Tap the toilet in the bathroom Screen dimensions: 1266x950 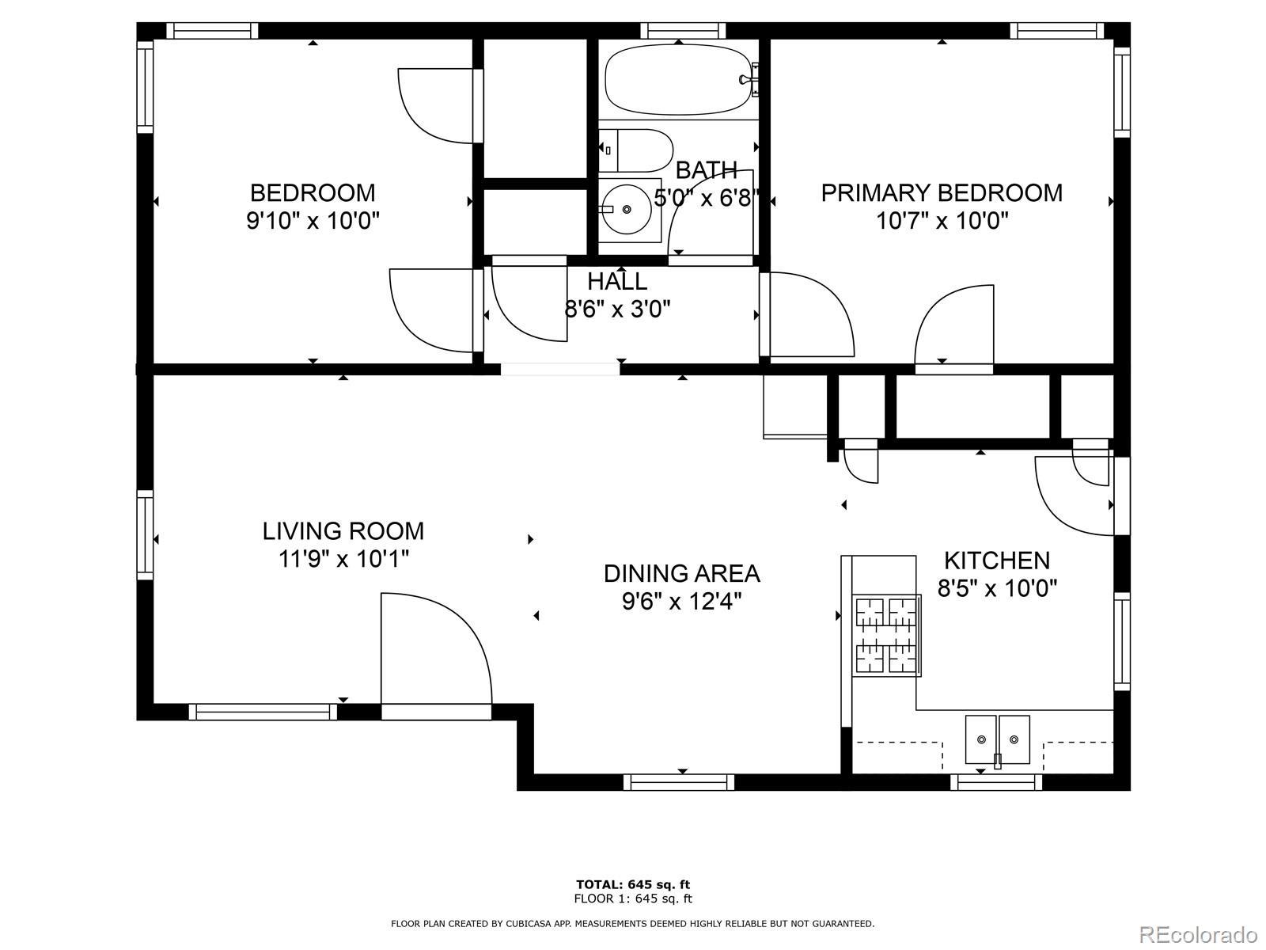635,150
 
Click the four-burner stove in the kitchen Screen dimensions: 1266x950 886,636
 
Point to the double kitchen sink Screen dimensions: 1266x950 998,740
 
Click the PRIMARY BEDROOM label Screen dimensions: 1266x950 942,192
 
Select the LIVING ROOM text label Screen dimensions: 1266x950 343,531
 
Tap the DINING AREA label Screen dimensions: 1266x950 682,573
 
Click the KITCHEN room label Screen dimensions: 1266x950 997,560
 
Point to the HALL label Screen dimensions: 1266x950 617,282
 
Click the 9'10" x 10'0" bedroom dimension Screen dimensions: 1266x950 313,220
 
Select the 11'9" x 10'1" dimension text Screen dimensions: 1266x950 343,558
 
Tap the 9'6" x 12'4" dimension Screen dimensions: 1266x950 682,602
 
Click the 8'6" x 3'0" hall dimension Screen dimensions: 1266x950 617,310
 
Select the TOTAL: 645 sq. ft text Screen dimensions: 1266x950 633,884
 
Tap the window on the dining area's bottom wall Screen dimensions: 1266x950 679,783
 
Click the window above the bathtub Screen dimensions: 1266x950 683,31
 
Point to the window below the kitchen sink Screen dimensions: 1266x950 997,783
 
